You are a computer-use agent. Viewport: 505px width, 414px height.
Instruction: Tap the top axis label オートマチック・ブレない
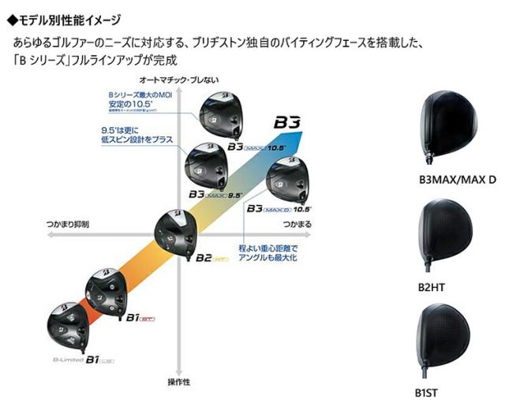179,80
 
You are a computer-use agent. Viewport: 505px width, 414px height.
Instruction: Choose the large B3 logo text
287,123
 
